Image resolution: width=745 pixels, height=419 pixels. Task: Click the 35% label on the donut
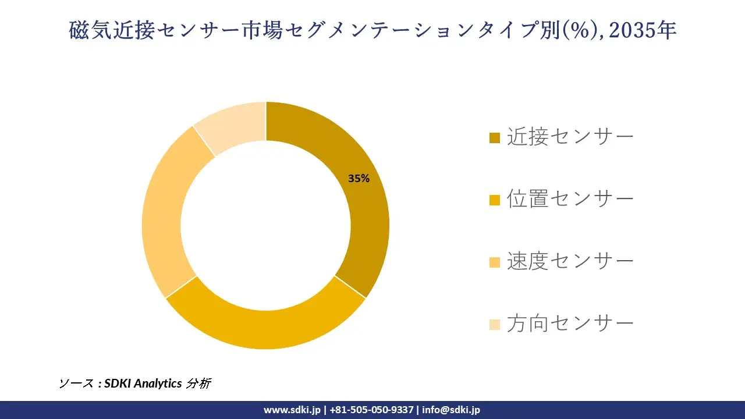click(x=359, y=179)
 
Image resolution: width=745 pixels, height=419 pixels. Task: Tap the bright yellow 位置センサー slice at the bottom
click(x=265, y=328)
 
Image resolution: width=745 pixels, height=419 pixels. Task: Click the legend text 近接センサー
click(x=570, y=137)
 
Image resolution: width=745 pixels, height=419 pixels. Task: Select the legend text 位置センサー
click(x=570, y=200)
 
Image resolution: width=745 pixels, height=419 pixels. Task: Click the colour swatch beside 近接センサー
click(x=495, y=138)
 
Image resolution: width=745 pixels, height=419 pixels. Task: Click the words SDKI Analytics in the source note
click(x=143, y=384)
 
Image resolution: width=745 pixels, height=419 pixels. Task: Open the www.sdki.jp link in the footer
click(x=292, y=410)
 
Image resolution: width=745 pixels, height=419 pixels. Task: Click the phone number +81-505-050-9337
click(x=371, y=410)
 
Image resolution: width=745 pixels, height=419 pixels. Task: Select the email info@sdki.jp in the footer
click(x=451, y=410)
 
